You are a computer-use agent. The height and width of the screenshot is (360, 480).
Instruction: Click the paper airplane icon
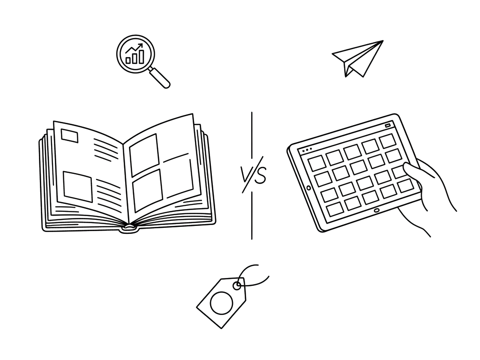tap(357, 59)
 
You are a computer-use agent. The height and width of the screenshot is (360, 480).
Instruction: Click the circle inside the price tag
tap(221, 303)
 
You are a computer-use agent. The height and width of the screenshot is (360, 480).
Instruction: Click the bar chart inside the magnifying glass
tap(135, 56)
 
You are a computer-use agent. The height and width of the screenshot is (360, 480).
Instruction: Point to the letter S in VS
tap(260, 176)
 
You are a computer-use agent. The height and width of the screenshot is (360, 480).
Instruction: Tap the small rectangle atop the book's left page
tap(70, 136)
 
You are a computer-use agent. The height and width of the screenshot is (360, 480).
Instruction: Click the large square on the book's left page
tap(78, 186)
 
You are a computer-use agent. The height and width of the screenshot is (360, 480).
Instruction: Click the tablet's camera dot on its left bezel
tap(308, 187)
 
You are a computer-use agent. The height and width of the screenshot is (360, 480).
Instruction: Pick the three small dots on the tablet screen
tap(307, 150)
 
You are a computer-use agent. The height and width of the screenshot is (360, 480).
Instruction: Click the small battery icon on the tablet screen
tap(388, 125)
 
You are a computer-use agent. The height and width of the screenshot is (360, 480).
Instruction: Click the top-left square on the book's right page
tap(144, 154)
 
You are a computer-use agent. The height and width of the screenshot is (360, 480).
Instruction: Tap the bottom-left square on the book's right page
tap(147, 190)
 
